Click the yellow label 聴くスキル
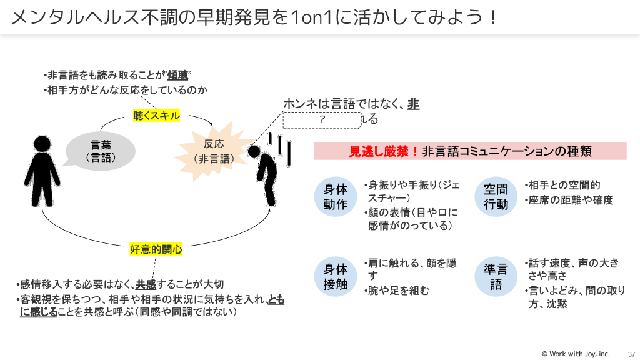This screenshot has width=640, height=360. (156, 116)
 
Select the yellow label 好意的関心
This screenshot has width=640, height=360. (156, 249)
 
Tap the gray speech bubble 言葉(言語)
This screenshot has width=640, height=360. (101, 151)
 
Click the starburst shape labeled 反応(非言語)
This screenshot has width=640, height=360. (214, 151)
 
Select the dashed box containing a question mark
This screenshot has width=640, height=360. (322, 119)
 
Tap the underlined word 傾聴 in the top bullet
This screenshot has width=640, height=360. (178, 76)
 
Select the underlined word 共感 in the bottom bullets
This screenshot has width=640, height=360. (146, 284)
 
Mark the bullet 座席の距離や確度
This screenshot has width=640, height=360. (569, 200)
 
